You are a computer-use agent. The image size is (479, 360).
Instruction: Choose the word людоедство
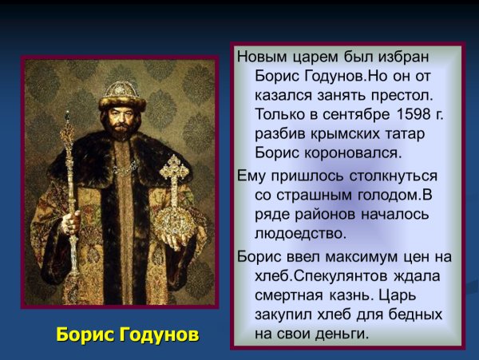pos(300,234)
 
